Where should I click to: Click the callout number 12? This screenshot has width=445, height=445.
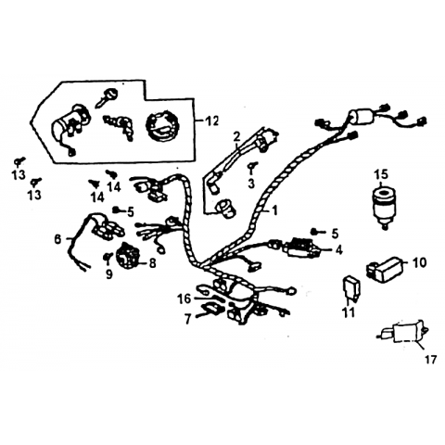(212, 121)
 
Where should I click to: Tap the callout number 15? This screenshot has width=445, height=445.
(381, 174)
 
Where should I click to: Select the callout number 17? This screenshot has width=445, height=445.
(430, 359)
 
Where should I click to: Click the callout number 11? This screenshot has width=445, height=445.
(349, 312)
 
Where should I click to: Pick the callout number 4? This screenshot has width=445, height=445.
(339, 249)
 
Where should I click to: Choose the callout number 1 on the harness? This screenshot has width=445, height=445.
(274, 210)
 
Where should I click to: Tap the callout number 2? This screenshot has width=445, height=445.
(236, 135)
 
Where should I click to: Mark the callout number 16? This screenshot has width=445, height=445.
(184, 299)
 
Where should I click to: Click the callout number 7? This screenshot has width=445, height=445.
(187, 319)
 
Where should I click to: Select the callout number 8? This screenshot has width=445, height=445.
(152, 263)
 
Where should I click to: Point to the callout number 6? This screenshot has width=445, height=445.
(57, 239)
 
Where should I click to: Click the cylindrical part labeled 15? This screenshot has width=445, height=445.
(385, 208)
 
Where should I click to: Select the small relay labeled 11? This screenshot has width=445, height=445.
(351, 288)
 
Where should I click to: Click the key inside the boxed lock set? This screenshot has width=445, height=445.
(107, 96)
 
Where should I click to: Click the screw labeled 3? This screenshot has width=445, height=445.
(252, 167)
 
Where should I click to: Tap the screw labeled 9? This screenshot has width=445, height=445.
(108, 257)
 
